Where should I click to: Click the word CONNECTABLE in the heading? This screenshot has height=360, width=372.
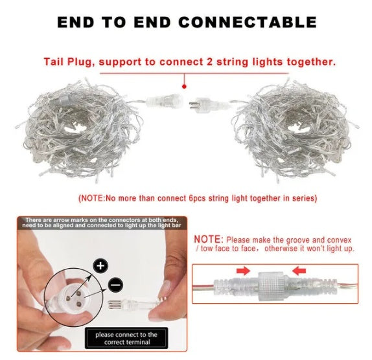click(248, 22)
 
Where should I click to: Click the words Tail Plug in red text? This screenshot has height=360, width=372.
click(67, 62)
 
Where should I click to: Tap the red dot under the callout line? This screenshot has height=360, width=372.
click(184, 87)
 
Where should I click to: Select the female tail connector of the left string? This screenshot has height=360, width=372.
click(165, 101)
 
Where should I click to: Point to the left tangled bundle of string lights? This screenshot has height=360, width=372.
click(78, 130)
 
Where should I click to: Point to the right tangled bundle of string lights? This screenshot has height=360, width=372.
click(296, 131)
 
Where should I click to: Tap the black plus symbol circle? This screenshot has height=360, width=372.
click(100, 266)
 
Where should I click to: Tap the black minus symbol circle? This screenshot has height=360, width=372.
click(115, 284)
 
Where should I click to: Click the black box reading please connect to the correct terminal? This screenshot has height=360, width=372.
click(126, 338)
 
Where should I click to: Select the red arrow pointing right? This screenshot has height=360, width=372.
click(243, 271)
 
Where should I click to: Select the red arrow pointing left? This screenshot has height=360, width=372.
click(299, 271)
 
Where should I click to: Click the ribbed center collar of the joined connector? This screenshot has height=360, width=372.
click(271, 286)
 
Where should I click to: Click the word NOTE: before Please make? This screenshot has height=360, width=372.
click(209, 240)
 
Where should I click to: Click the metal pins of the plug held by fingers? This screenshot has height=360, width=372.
click(115, 304)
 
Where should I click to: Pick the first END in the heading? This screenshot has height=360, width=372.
click(76, 22)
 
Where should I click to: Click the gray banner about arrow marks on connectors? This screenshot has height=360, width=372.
click(102, 223)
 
